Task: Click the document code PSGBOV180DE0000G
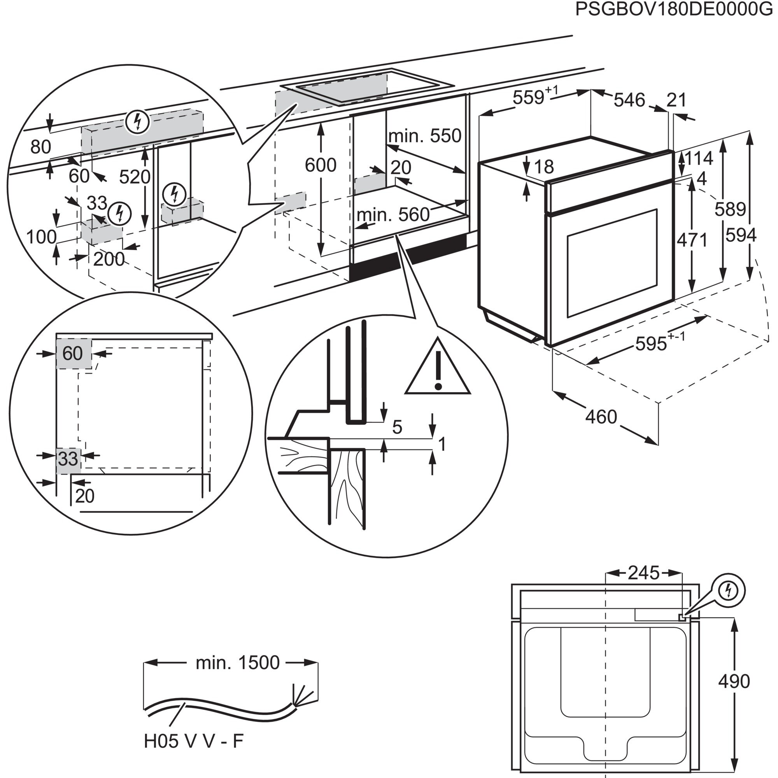point(674,9)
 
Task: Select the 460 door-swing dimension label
point(601,417)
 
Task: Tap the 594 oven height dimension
point(741,235)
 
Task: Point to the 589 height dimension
point(730,209)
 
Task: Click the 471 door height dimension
point(692,240)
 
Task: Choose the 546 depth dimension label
point(629,100)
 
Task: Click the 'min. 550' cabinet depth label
point(425,136)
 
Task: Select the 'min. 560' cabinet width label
point(393,215)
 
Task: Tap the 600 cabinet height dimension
point(321,165)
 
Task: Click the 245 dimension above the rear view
point(643,573)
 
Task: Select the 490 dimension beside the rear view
point(734,681)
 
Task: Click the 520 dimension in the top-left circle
point(135,177)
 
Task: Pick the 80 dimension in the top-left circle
point(41,147)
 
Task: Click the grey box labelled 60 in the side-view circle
point(73,354)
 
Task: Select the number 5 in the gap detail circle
point(397,427)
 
